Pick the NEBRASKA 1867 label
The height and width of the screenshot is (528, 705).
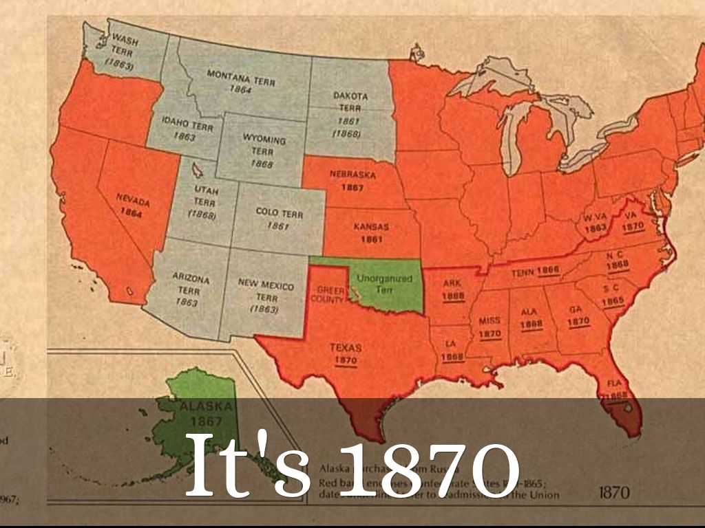coord(352,180)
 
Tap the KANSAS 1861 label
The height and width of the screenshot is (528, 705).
coord(371,232)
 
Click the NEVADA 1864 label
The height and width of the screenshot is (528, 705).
coord(132,204)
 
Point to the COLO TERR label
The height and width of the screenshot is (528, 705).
coord(279,219)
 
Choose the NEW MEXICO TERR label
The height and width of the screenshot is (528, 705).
coord(266,296)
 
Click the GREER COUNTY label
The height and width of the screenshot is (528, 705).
coord(330,295)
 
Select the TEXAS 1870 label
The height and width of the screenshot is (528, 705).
coord(345,353)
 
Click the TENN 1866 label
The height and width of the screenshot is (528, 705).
coord(534,271)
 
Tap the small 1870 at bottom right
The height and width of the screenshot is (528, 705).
coord(614,492)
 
